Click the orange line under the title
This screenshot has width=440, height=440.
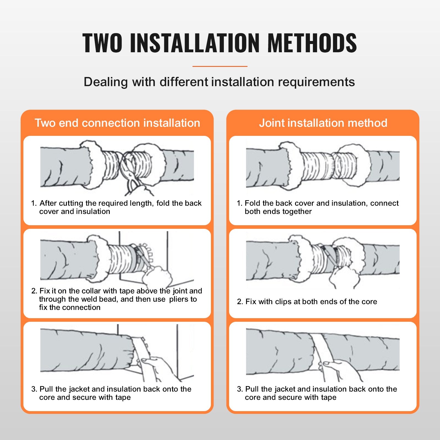click(x=220, y=66)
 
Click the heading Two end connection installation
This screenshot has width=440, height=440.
click(x=117, y=123)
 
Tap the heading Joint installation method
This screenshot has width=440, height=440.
click(x=323, y=123)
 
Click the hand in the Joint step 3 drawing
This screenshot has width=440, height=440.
click(x=341, y=369)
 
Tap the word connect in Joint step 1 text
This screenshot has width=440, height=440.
click(x=384, y=203)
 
